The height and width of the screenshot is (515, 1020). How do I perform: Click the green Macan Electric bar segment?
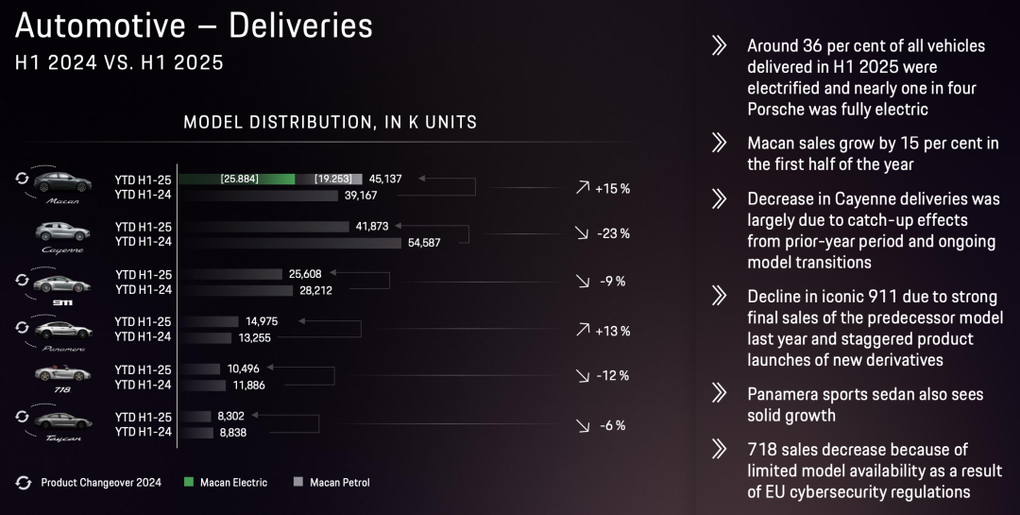[x=235, y=179]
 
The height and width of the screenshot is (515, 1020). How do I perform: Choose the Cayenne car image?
[x=62, y=233]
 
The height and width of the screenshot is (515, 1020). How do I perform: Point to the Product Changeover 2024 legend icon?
[x=24, y=483]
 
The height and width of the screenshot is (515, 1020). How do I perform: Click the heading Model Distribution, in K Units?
[x=330, y=122]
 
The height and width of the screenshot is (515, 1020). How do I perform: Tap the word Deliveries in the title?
[x=302, y=26]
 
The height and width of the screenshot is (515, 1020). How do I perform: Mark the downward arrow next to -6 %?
[x=582, y=426]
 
